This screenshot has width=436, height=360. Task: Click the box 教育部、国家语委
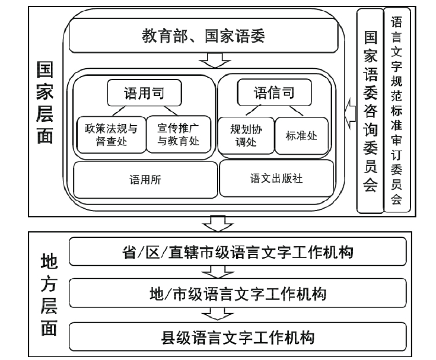202,37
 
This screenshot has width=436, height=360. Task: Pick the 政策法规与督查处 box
110,133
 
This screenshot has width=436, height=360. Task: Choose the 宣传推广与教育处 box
177,133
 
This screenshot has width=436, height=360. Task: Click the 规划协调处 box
244,134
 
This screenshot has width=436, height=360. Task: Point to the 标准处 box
300,135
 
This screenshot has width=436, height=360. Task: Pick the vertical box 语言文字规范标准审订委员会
397,110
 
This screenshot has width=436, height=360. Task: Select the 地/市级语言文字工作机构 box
237,294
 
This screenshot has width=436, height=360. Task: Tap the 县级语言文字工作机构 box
237,337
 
